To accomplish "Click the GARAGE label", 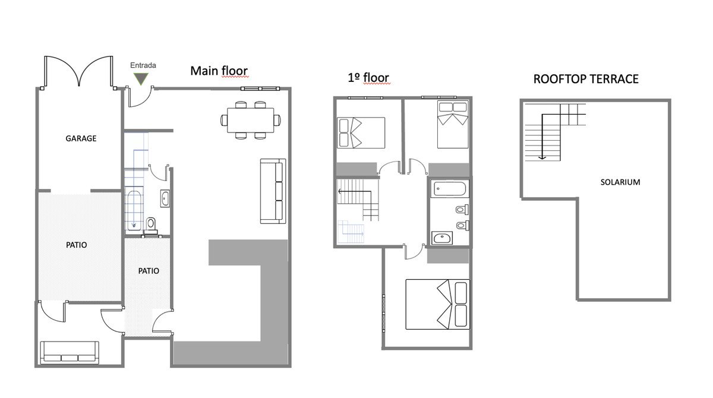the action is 81,138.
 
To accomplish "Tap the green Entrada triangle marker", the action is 141,78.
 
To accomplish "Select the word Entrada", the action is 143,65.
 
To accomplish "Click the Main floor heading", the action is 219,71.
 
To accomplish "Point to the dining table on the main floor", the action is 251,120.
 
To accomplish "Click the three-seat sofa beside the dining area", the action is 273,191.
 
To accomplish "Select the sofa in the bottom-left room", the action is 70,352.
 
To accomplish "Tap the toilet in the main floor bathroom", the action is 151,223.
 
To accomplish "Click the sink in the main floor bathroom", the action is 165,198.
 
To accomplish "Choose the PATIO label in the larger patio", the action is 77,245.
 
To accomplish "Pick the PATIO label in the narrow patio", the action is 149,271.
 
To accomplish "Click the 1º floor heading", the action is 368,78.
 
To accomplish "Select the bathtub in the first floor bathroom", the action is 449,189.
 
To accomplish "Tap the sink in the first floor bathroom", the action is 442,238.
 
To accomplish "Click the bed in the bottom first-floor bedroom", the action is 438,305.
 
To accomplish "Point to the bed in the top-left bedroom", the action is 361,132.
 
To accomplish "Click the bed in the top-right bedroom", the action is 453,124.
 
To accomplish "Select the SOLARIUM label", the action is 620,182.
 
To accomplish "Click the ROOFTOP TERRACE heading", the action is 586,79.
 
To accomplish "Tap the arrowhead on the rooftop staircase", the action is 542,157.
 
